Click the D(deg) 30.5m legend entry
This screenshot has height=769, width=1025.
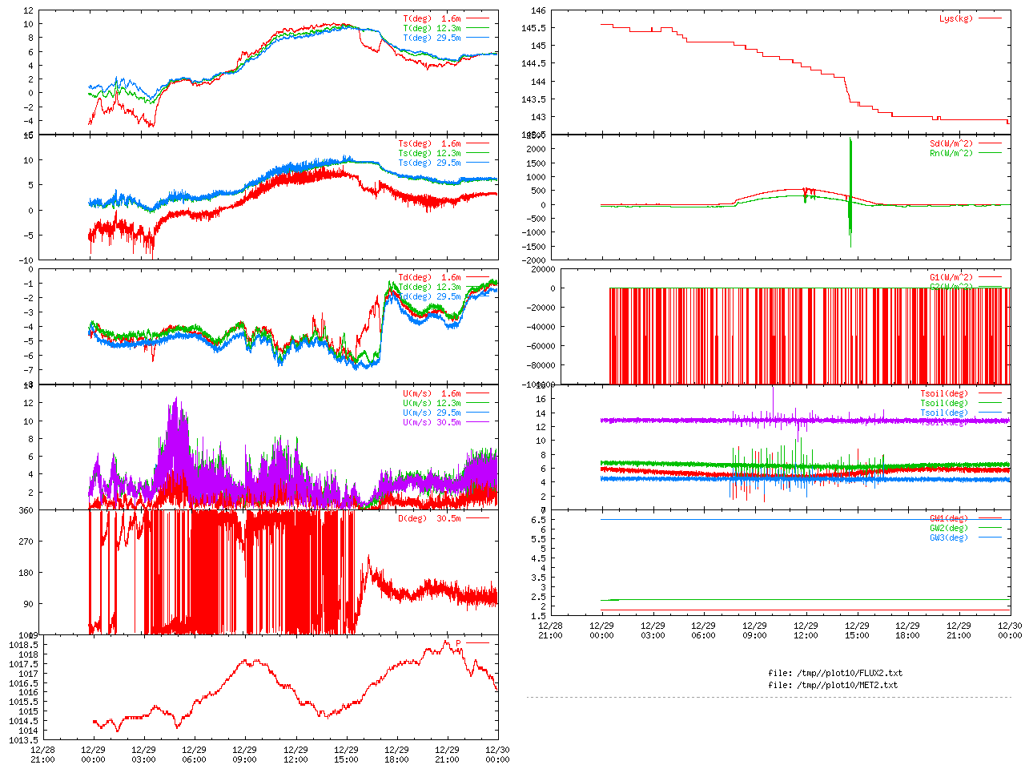tap(429, 518)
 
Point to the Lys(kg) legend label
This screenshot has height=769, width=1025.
tap(956, 18)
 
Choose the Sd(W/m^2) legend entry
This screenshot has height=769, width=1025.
tap(951, 144)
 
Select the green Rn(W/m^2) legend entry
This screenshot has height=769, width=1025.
tap(951, 153)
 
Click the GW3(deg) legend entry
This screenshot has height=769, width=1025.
tap(949, 537)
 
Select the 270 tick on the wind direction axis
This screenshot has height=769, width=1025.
tap(26, 542)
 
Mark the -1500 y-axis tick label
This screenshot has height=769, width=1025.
tap(534, 246)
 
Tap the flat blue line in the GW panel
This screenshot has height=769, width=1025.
tap(801, 520)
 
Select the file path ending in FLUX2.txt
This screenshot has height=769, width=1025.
tap(834, 673)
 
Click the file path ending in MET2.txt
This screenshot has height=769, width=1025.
tap(832, 685)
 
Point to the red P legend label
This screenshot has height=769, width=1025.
tap(459, 643)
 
